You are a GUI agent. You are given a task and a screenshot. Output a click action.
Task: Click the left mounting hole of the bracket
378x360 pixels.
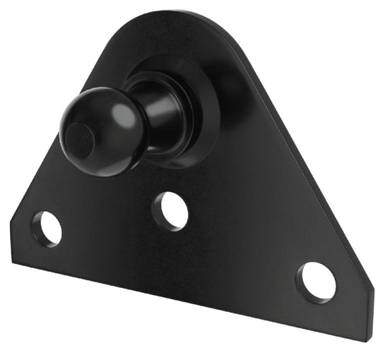point(48,228)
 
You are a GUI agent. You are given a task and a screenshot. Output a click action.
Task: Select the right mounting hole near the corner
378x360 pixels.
point(315,280)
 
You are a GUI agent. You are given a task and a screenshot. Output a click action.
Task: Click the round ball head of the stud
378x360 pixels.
point(95,130)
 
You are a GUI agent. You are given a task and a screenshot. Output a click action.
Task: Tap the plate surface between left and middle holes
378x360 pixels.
point(106,219)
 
